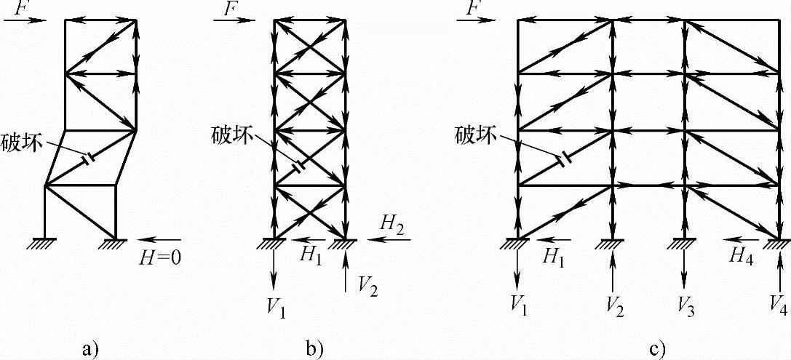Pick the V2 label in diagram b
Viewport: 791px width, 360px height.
point(366,283)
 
